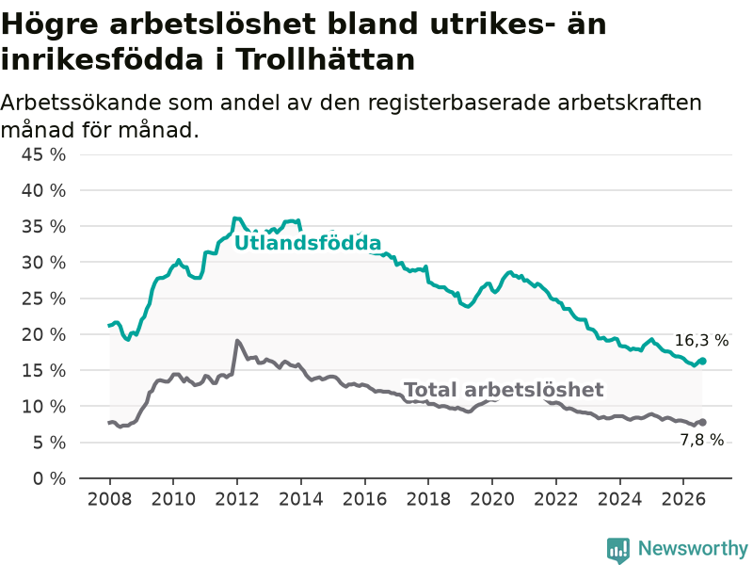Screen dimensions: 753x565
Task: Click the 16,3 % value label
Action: [x=701, y=341]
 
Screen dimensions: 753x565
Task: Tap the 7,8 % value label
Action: [x=701, y=440]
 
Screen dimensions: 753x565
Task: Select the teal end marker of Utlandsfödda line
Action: [x=702, y=362]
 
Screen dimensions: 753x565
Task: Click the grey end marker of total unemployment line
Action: [x=702, y=422]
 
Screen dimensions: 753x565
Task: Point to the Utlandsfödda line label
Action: [x=308, y=243]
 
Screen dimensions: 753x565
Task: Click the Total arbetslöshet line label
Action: [x=504, y=390]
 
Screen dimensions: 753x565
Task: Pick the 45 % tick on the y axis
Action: [x=43, y=154]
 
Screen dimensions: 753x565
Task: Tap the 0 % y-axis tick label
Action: [x=50, y=478]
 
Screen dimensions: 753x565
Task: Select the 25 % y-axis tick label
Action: [x=43, y=299]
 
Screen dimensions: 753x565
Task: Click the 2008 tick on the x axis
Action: [x=109, y=499]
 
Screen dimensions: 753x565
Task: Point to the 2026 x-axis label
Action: [x=683, y=499]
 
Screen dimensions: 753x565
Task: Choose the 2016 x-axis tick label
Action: [x=364, y=499]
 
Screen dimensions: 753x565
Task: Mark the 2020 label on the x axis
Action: [x=492, y=499]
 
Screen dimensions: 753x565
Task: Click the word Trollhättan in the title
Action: [x=325, y=59]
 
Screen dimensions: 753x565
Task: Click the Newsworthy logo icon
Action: [x=618, y=550]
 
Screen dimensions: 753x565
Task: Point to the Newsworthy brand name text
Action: [x=693, y=548]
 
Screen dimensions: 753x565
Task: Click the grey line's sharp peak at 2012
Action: [x=237, y=341]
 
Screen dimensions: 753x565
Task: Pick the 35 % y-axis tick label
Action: [x=43, y=226]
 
